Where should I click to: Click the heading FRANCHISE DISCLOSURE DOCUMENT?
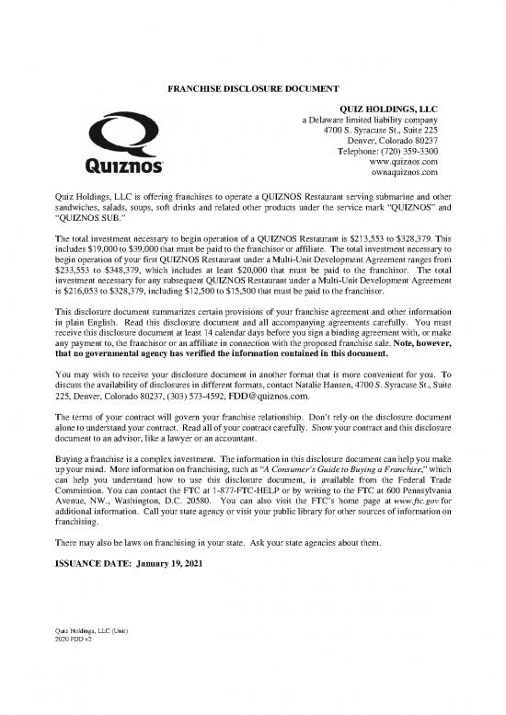tap(253, 89)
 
